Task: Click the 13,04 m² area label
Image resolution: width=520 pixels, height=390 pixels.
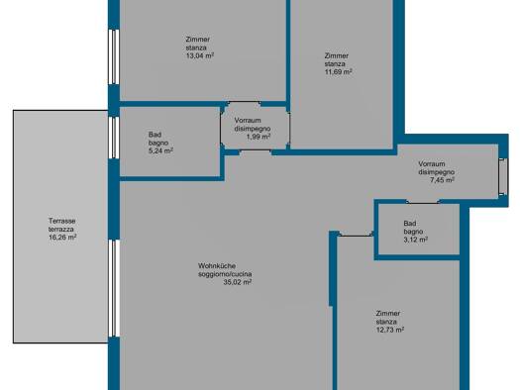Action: click(199, 55)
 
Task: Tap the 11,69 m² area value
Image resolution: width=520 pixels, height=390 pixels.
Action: click(340, 72)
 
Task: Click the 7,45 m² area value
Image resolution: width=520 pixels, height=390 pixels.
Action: click(442, 180)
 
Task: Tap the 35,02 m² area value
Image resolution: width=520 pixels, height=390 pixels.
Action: click(238, 281)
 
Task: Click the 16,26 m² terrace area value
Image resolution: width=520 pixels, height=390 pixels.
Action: click(62, 238)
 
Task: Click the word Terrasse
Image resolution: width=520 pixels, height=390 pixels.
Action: click(62, 221)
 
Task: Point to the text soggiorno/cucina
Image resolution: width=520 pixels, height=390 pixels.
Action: click(225, 273)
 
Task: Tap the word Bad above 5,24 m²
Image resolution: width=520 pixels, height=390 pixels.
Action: click(155, 135)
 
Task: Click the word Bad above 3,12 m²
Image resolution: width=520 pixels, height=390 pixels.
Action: click(409, 223)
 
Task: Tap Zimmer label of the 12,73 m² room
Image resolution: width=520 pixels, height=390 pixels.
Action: click(388, 313)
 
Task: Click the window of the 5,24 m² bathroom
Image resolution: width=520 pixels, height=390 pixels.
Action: click(115, 146)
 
